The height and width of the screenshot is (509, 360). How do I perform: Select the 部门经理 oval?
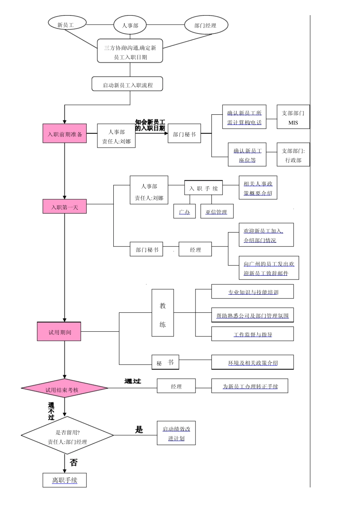pos(206,25)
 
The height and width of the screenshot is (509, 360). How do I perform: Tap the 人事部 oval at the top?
pos(130,25)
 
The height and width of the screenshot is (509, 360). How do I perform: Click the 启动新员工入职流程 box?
pos(127,84)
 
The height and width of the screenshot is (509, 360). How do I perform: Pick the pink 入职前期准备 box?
pos(64,134)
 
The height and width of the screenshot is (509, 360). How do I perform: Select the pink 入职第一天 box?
pos(64,207)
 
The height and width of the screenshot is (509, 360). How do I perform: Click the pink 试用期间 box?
pos(59,332)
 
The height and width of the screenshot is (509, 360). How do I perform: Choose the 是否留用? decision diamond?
pos(67,436)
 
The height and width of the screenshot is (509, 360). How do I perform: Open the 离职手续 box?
pos(64,480)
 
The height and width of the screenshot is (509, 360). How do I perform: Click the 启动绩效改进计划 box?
pos(176,433)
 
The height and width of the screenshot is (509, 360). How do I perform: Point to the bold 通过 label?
pos(132,381)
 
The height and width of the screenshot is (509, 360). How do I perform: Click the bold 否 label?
pos(74,462)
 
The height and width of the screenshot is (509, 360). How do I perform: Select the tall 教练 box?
pos(163,313)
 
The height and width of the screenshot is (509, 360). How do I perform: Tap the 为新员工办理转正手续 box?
pos(250,386)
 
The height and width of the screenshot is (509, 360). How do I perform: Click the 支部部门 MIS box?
pos(293,117)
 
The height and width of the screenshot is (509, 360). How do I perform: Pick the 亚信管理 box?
pos(216,211)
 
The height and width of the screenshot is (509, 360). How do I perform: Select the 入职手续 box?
pos(203,188)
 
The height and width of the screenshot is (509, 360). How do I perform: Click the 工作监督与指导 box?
pos(252,334)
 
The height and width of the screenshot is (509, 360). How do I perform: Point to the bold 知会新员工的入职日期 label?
pos(150,125)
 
